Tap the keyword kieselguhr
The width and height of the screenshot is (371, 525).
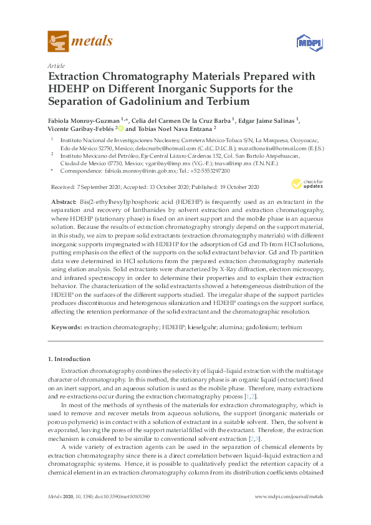201,327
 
